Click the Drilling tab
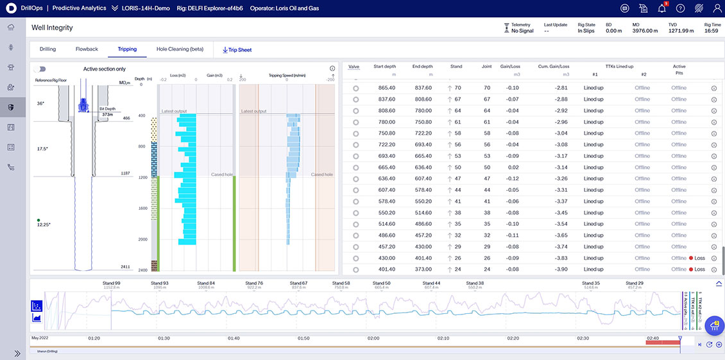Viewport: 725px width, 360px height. click(47, 49)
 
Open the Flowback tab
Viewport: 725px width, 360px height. click(87, 49)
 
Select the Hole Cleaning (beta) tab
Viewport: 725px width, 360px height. click(180, 49)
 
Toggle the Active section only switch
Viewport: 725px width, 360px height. click(40, 69)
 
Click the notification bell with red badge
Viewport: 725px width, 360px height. click(661, 8)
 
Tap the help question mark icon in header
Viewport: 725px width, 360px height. click(680, 8)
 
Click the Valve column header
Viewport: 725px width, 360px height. click(354, 66)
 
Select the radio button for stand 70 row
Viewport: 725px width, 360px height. click(355, 88)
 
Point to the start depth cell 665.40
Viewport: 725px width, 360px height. click(387, 167)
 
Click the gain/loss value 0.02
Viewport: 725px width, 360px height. click(513, 167)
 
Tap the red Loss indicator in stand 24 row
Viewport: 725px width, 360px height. click(695, 270)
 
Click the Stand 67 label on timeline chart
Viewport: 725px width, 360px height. click(298, 283)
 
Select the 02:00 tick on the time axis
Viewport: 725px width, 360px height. click(373, 338)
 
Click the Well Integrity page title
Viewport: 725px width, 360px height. click(52, 28)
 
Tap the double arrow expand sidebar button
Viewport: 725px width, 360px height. click(17, 353)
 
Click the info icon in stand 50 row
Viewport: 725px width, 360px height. click(713, 167)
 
